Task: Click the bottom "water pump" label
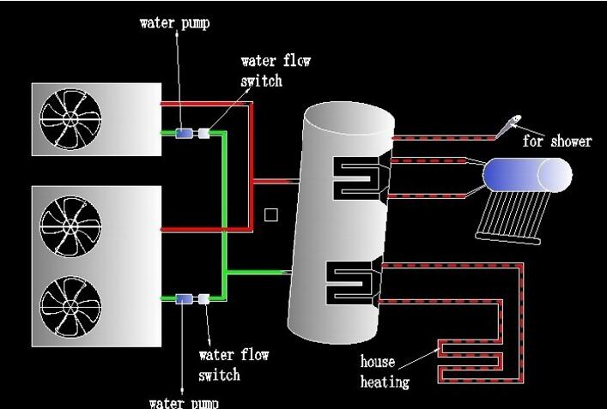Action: coord(184,402)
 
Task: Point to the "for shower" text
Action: coord(557,141)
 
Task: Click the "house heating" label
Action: coord(385,371)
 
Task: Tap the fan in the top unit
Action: coord(71,121)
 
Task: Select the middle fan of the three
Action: coord(71,228)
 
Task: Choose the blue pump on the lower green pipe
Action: coord(184,298)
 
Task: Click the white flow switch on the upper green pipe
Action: coord(204,133)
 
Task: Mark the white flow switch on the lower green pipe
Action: coord(204,298)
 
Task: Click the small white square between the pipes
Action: coord(270,214)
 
